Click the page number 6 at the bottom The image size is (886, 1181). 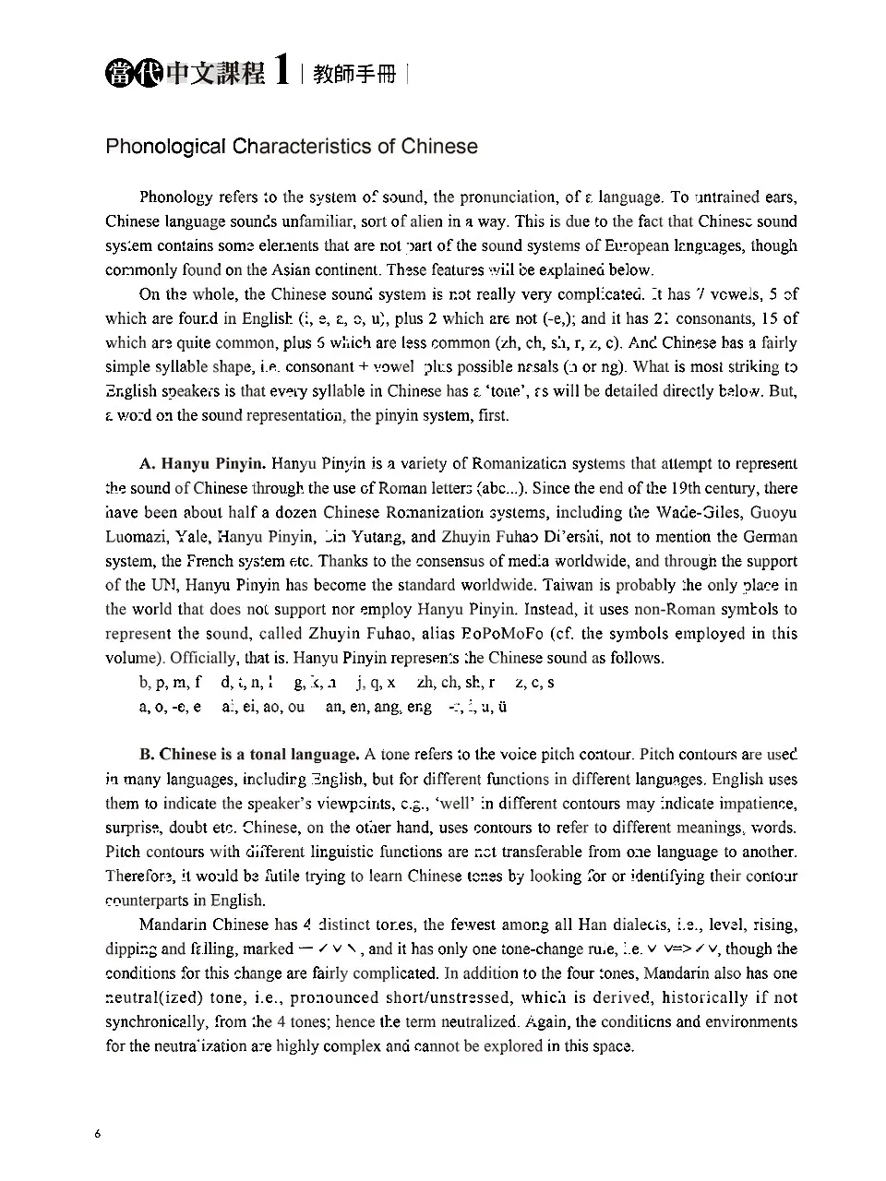point(97,1134)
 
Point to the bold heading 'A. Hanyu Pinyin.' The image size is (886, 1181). point(203,464)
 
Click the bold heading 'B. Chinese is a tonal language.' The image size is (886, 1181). point(249,755)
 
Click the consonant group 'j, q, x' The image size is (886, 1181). point(376,683)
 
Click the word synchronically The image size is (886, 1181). point(155,1022)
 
